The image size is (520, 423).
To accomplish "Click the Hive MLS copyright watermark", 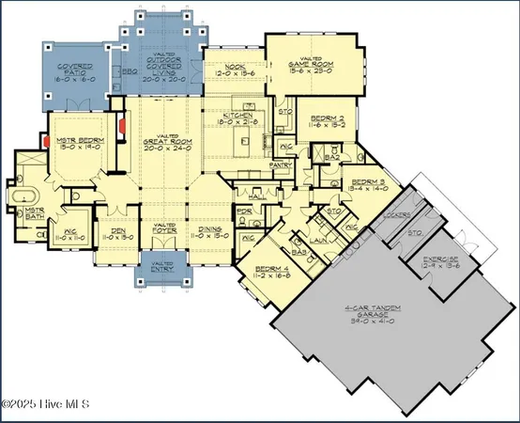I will point(44,404).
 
